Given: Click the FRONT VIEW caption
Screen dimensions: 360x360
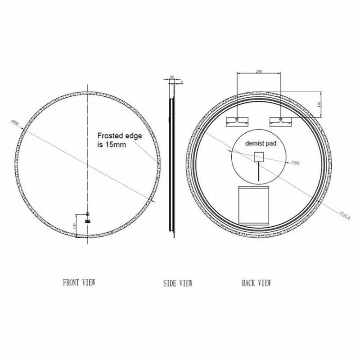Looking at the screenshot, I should click(79, 283).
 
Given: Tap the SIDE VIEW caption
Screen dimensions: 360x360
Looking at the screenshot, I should click(177, 283).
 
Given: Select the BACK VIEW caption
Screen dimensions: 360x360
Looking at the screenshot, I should click(256, 283).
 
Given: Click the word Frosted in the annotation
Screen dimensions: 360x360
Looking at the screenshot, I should click(111, 135).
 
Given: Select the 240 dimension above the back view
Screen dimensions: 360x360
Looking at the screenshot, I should click(259, 71).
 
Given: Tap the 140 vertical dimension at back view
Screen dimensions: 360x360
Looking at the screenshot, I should click(318, 104).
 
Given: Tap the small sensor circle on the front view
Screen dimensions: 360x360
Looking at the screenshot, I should click(88, 214).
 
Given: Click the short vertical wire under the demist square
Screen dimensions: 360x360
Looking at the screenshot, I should click(259, 172).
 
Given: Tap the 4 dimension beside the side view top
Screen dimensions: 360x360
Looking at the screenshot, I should click(181, 82).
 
